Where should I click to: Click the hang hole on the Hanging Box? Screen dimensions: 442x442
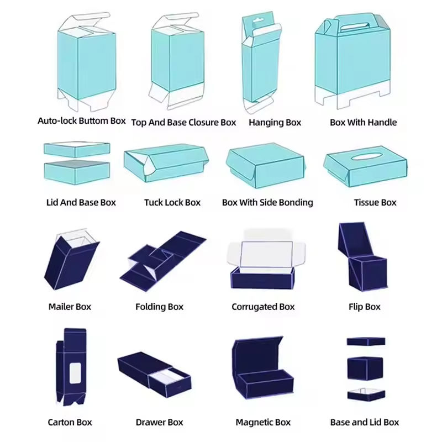point(255,22)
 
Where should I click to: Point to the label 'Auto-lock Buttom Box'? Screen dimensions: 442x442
point(81,120)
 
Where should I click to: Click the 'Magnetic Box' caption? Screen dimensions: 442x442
point(263,423)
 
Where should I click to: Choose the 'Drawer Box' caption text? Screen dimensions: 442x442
point(159,423)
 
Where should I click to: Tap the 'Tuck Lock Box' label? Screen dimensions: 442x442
point(172,203)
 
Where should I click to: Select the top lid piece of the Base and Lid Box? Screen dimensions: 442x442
point(365,341)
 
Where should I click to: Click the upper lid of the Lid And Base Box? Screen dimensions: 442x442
point(76,149)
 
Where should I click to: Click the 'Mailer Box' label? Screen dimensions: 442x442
point(70,307)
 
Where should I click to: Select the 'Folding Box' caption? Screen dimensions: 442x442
point(159,307)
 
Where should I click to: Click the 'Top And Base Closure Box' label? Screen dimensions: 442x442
point(183,123)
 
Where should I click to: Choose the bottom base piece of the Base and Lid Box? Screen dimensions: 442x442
point(365,394)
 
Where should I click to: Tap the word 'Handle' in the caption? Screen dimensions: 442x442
point(381,123)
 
